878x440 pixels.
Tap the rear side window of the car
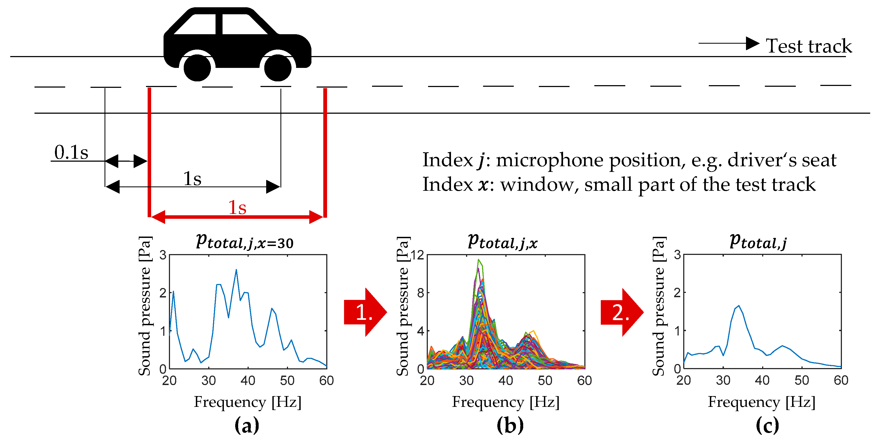tap(195, 25)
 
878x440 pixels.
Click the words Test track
tap(808, 46)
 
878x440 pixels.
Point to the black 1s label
tap(192, 178)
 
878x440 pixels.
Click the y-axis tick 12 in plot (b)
tap(417, 255)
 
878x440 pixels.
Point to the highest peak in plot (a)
tap(236, 270)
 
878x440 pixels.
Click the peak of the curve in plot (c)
tap(739, 306)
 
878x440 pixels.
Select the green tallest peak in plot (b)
tap(478, 260)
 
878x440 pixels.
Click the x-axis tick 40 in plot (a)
tap(248, 380)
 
